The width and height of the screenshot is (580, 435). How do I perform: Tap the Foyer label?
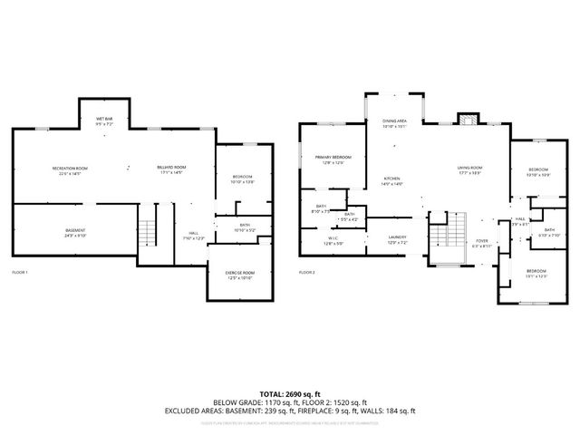coord(480,243)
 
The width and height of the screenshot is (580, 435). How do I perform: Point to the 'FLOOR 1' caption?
coord(20,272)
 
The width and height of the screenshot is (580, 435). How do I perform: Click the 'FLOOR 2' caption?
coord(306,272)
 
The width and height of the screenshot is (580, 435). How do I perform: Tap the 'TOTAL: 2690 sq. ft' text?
coord(289,393)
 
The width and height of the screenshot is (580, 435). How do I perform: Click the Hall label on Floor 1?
coord(194,235)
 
